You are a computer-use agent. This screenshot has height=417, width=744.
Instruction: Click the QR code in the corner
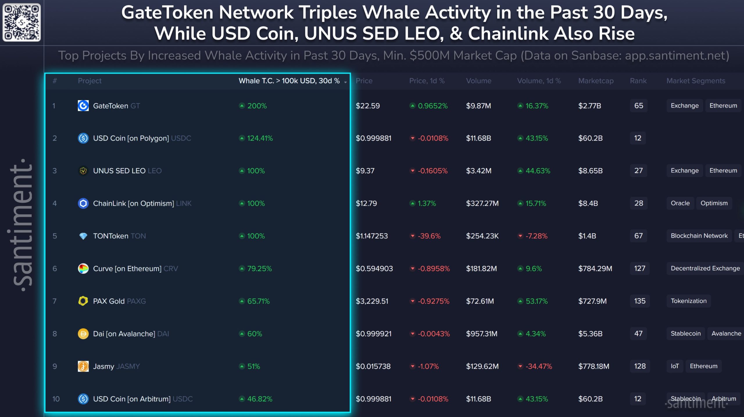(x=22, y=22)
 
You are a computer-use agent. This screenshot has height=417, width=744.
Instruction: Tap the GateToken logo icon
(x=83, y=106)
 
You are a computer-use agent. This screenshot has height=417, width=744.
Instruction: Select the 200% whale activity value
(x=257, y=106)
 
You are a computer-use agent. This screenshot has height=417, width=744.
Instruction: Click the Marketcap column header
(x=596, y=81)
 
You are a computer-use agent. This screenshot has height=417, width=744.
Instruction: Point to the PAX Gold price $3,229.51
(x=372, y=301)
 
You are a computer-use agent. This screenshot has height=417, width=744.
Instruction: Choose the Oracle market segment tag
(x=680, y=203)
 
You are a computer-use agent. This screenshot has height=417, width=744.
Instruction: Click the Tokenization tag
(x=688, y=301)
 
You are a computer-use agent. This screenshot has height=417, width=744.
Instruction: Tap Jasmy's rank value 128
(x=639, y=366)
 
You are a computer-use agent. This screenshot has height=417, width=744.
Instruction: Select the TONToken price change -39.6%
(x=429, y=236)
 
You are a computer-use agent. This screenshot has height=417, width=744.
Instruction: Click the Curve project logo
(x=83, y=268)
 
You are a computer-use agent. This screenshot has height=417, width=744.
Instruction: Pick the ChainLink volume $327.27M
(x=482, y=203)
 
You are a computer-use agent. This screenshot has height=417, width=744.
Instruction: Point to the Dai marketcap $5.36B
(x=590, y=334)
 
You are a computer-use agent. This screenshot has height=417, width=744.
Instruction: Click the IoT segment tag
(x=675, y=366)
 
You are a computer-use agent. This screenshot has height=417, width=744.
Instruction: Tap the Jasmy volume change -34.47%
(x=539, y=366)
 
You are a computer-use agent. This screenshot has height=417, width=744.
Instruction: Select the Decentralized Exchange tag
(x=705, y=268)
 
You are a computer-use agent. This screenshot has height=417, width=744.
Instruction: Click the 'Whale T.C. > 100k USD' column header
(x=289, y=81)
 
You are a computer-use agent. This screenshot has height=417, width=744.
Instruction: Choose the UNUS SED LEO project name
(x=119, y=171)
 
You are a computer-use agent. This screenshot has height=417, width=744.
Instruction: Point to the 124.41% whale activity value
(x=260, y=138)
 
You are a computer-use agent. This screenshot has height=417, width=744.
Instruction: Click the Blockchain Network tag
(x=699, y=236)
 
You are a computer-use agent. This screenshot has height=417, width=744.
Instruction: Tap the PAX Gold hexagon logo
(x=83, y=301)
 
